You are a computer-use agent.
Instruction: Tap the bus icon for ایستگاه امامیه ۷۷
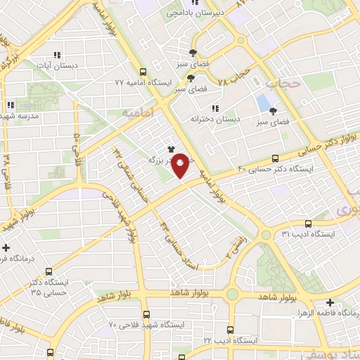point(143,72)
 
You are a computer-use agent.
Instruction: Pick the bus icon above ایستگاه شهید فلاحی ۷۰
point(146,314)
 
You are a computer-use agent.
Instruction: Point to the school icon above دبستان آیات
point(57,54)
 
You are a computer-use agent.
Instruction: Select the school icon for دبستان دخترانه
point(215,108)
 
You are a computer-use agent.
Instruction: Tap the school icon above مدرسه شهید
point(11,105)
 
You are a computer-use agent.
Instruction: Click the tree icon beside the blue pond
point(274,111)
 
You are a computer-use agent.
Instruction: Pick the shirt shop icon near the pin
point(170,148)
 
